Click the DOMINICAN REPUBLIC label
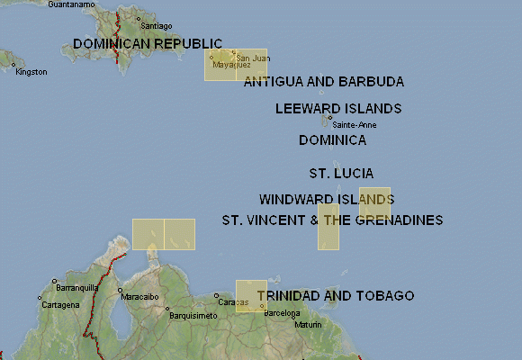[x=148, y=43]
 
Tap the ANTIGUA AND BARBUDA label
[x=323, y=82]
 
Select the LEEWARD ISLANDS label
[x=337, y=109]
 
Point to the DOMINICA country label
[x=332, y=140]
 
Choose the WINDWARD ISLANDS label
[x=326, y=199]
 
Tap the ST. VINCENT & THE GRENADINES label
[x=332, y=220]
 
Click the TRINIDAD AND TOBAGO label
[x=335, y=295]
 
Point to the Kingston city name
[x=31, y=72]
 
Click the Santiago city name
[x=156, y=26]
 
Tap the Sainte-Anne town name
[x=355, y=124]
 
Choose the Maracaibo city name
[x=139, y=296]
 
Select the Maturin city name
[x=308, y=324]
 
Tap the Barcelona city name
[x=282, y=313]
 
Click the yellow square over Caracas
[x=251, y=296]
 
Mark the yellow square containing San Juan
[x=251, y=65]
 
